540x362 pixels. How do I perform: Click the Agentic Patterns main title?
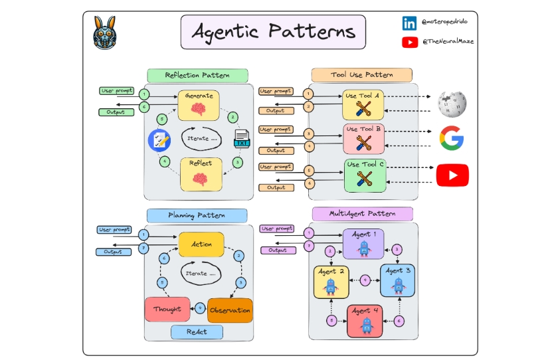pyautogui.click(x=273, y=31)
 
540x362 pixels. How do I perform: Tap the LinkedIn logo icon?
pyautogui.click(x=409, y=23)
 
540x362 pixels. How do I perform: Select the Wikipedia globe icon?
pyautogui.click(x=452, y=103)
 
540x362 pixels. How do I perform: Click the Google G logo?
pyautogui.click(x=452, y=138)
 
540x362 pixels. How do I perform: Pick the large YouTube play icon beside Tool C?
pyautogui.click(x=452, y=175)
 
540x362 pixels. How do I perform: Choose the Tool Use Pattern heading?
pyautogui.click(x=361, y=74)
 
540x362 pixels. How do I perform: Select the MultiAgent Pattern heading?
pyautogui.click(x=362, y=214)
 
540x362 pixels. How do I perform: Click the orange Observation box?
pyautogui.click(x=230, y=310)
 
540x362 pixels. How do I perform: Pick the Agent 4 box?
pyautogui.click(x=365, y=320)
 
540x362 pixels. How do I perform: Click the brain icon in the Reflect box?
pyautogui.click(x=200, y=178)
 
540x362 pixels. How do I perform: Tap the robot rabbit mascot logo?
pyautogui.click(x=104, y=33)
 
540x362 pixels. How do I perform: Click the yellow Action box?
pyautogui.click(x=201, y=244)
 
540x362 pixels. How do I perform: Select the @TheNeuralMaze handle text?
pyautogui.click(x=448, y=42)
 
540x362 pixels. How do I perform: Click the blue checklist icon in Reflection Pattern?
pyautogui.click(x=159, y=139)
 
